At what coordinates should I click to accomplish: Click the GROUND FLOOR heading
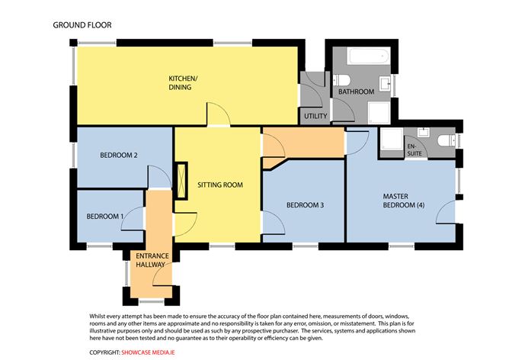click(82, 25)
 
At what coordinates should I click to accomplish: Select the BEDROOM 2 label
click(118, 156)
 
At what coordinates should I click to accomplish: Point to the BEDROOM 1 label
click(105, 217)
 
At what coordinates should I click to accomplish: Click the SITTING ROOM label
click(220, 185)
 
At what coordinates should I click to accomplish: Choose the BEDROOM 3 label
click(305, 205)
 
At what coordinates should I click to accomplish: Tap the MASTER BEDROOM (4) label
click(404, 201)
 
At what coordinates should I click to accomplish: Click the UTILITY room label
click(315, 116)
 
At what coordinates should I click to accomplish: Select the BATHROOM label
click(356, 92)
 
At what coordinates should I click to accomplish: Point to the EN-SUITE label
click(415, 149)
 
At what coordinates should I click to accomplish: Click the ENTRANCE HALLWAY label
click(152, 260)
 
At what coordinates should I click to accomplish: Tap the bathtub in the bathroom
click(369, 56)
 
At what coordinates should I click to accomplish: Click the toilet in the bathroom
click(341, 79)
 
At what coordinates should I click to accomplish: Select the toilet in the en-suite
click(447, 141)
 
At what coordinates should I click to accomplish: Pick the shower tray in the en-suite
click(392, 139)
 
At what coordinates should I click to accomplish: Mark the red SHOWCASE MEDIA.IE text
click(148, 352)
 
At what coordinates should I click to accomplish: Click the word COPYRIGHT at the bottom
click(105, 352)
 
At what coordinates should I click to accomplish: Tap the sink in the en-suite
click(424, 132)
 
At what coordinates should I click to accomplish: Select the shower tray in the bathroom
click(379, 112)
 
